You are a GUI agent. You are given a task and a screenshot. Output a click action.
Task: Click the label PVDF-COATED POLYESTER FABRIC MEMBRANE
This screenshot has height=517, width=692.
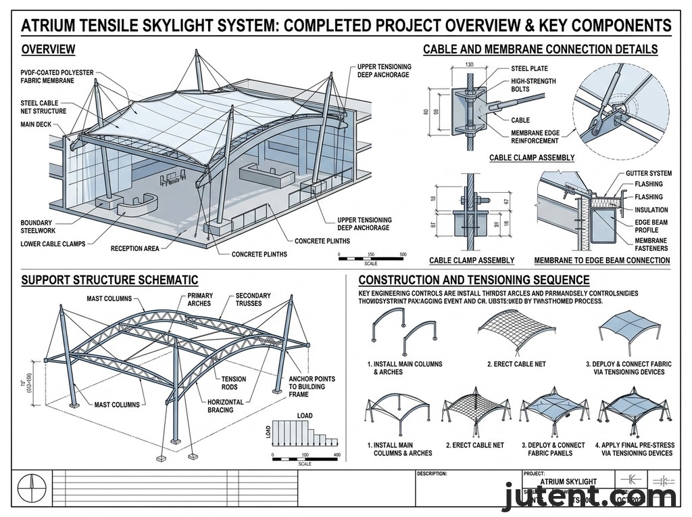tap(57, 76)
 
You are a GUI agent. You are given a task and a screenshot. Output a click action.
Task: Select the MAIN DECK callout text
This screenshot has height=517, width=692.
tap(39, 125)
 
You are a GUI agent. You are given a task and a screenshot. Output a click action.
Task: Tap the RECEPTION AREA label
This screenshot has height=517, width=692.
tap(135, 248)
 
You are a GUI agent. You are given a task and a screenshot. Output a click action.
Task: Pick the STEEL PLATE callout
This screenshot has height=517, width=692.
tap(530, 68)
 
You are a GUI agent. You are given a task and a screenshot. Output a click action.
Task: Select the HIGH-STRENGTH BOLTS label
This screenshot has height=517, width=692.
tap(533, 85)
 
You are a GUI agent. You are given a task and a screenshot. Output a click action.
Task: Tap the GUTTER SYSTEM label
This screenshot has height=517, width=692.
tap(648, 174)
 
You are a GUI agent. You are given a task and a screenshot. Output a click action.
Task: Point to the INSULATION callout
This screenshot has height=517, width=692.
tap(651, 210)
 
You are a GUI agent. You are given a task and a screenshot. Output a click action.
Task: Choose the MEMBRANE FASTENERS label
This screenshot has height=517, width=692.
tap(651, 244)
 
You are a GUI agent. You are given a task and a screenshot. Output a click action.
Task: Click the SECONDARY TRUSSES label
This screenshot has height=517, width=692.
tap(253, 299)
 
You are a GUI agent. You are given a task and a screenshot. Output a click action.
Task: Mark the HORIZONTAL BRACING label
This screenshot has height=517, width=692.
tap(225, 406)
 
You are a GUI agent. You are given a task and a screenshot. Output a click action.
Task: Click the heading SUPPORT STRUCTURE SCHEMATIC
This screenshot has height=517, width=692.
tap(109, 280)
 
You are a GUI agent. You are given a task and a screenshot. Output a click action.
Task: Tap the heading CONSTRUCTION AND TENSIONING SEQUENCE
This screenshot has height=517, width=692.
tap(474, 280)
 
